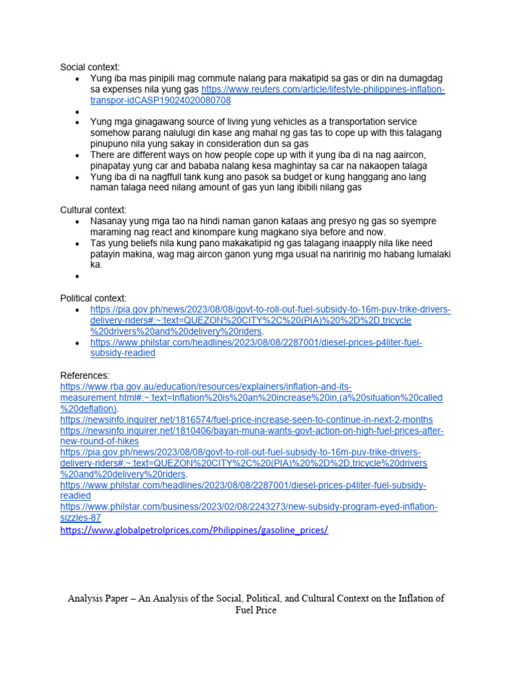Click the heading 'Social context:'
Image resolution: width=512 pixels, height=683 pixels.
tap(90, 67)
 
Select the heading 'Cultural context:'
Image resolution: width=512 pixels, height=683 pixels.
tap(93, 210)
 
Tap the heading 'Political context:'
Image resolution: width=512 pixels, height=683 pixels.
tap(93, 298)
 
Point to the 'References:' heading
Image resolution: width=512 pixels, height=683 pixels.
tap(85, 376)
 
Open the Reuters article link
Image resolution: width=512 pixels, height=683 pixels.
tap(323, 89)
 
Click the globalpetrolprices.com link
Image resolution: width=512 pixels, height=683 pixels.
tap(194, 530)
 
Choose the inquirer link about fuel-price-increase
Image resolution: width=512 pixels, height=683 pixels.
tap(246, 420)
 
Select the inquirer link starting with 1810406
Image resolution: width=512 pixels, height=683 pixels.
tap(252, 431)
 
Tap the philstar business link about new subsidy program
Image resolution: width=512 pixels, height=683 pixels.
tap(249, 508)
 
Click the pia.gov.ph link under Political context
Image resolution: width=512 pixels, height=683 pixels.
tap(271, 310)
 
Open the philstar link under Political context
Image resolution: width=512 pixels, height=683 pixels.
tap(257, 343)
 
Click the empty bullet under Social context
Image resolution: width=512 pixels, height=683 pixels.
tap(78, 112)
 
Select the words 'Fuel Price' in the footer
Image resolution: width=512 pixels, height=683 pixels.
tap(255, 610)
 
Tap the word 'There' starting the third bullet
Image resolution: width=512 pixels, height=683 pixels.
tap(104, 155)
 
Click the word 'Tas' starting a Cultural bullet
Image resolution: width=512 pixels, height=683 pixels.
tap(99, 243)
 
